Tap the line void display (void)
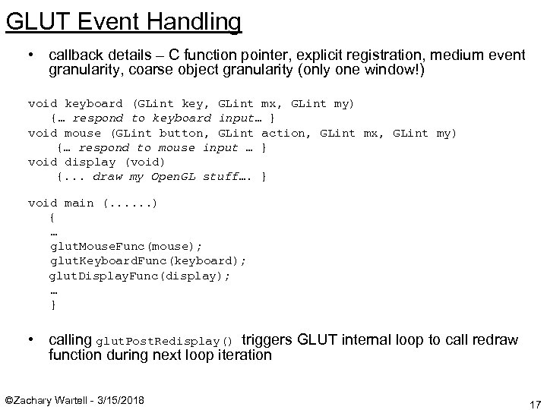pos(97,161)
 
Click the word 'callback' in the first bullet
pos(74,55)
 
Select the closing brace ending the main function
pos(52,304)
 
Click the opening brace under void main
pos(52,216)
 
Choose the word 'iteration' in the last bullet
pos(242,354)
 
